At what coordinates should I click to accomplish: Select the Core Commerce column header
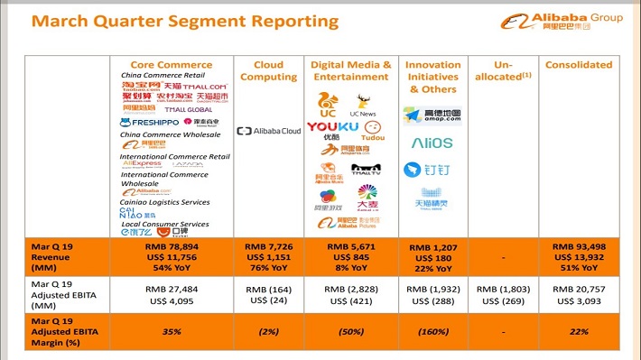pyautogui.click(x=172, y=65)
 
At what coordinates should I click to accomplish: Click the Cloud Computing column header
pyautogui.click(x=268, y=70)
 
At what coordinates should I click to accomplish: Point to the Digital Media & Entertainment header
pyautogui.click(x=351, y=70)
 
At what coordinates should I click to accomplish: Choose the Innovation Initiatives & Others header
pyautogui.click(x=432, y=77)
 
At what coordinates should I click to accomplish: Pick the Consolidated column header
pyautogui.click(x=578, y=65)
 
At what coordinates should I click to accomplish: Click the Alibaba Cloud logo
pyautogui.click(x=268, y=131)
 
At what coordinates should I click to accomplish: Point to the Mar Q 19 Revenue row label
pyautogui.click(x=56, y=256)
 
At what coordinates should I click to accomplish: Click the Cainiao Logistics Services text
pyautogui.click(x=167, y=203)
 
